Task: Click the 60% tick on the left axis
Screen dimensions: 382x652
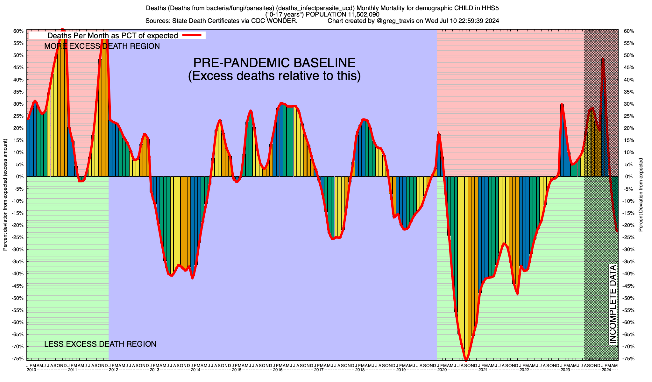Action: tap(18, 31)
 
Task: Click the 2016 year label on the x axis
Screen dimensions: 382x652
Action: tap(278, 370)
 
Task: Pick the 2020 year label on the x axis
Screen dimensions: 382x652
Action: tap(442, 370)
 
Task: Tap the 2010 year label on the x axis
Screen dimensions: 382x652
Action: tap(31, 370)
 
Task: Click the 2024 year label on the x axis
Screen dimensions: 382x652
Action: tap(606, 370)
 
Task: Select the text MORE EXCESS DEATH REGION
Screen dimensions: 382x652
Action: tap(102, 46)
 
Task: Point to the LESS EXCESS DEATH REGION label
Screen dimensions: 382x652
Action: tap(100, 344)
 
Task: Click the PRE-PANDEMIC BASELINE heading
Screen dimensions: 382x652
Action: tap(274, 63)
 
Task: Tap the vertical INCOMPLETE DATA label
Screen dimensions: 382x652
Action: tap(613, 304)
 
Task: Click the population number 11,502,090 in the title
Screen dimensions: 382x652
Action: tap(360, 14)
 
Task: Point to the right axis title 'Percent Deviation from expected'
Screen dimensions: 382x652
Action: tap(641, 195)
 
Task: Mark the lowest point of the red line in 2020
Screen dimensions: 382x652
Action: tap(466, 360)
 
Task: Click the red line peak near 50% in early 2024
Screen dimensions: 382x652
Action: tap(603, 59)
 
